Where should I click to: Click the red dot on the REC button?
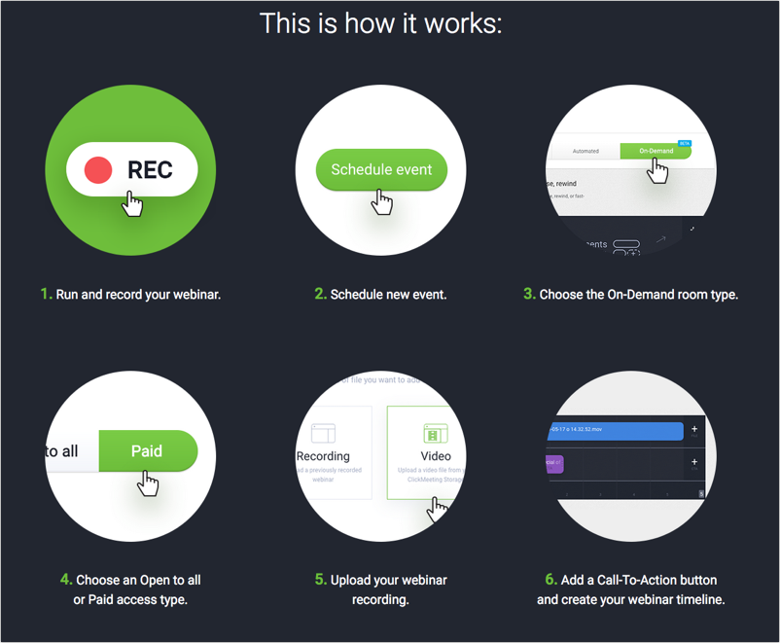(98, 170)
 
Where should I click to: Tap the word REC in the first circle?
(150, 170)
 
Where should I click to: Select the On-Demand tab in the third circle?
(655, 151)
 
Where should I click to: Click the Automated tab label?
(585, 151)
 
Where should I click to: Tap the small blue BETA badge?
(684, 143)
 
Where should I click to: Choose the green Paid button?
(148, 451)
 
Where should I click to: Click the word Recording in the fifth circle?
(323, 455)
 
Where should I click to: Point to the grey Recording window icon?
(323, 432)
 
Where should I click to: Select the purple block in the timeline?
(554, 463)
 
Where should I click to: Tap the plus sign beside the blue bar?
(694, 429)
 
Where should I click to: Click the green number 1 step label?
(45, 293)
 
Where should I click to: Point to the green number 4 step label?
(65, 579)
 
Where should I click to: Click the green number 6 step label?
(550, 579)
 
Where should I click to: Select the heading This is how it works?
(380, 22)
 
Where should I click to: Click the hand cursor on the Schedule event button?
(383, 201)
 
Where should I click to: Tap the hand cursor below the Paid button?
(147, 482)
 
